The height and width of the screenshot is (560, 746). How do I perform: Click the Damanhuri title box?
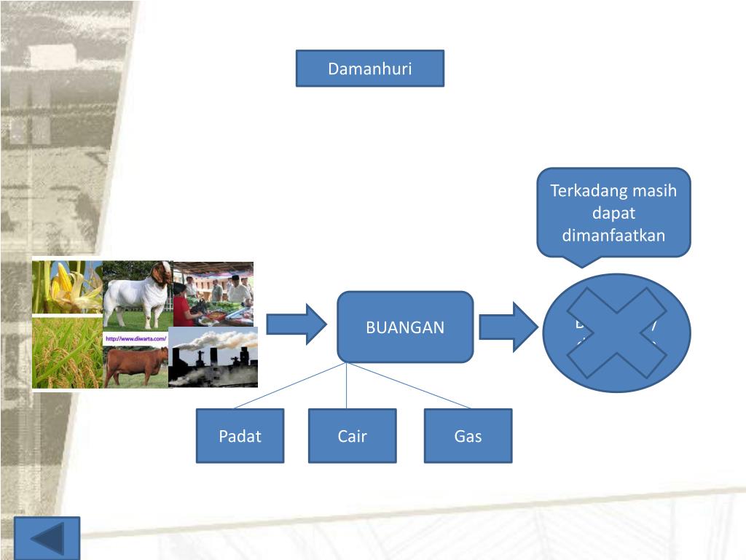coord(369,69)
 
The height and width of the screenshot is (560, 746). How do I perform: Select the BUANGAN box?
coord(405,327)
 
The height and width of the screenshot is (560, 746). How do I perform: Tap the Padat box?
coord(240,436)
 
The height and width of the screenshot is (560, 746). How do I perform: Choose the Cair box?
coord(352,436)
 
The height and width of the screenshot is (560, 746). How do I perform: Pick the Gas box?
coord(468,436)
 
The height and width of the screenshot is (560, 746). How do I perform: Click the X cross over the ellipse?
coord(617,332)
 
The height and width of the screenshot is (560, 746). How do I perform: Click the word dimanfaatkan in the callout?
coord(613,236)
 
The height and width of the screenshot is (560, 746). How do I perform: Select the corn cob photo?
coord(66,286)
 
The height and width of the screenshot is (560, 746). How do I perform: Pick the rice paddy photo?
coord(66,353)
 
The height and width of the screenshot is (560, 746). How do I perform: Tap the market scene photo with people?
coord(214,292)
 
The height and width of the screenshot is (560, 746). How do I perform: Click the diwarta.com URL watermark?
coord(136,338)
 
